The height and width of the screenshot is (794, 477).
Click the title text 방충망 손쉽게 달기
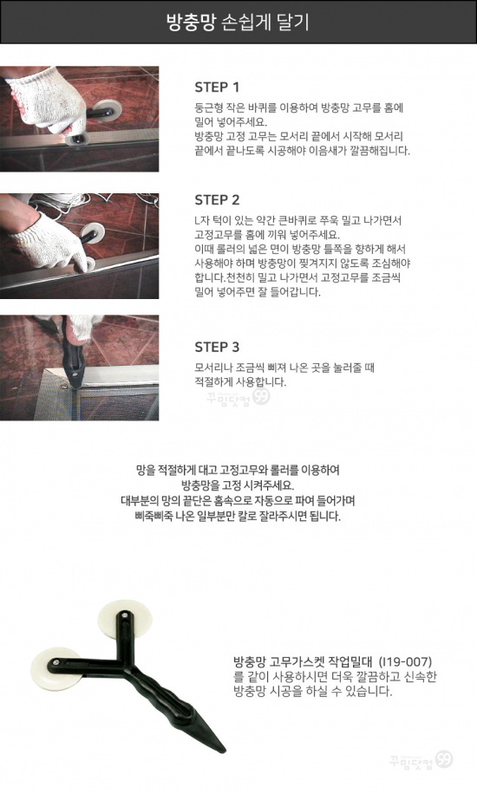[238, 23]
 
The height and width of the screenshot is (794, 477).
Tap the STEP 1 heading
[217, 87]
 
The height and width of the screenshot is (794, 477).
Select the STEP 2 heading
[217, 200]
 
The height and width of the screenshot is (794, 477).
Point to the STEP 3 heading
[217, 348]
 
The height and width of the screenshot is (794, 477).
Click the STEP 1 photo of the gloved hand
[79, 119]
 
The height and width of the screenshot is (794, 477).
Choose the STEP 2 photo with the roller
[79, 246]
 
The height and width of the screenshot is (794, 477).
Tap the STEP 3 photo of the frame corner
[79, 368]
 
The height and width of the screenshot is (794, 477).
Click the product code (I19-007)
[406, 662]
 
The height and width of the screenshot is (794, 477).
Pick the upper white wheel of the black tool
[125, 618]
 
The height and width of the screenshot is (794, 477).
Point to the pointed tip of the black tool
[225, 751]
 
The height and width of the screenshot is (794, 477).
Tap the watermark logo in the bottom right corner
[421, 760]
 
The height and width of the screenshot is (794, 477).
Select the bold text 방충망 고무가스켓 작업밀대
[304, 662]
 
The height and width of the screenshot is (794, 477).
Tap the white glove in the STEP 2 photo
[49, 241]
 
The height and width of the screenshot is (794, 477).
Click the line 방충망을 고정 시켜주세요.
[238, 485]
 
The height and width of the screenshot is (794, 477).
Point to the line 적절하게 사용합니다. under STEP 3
[240, 382]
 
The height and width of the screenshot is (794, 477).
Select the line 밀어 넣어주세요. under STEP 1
[231, 122]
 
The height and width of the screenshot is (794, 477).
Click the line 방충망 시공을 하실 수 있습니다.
[313, 692]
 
